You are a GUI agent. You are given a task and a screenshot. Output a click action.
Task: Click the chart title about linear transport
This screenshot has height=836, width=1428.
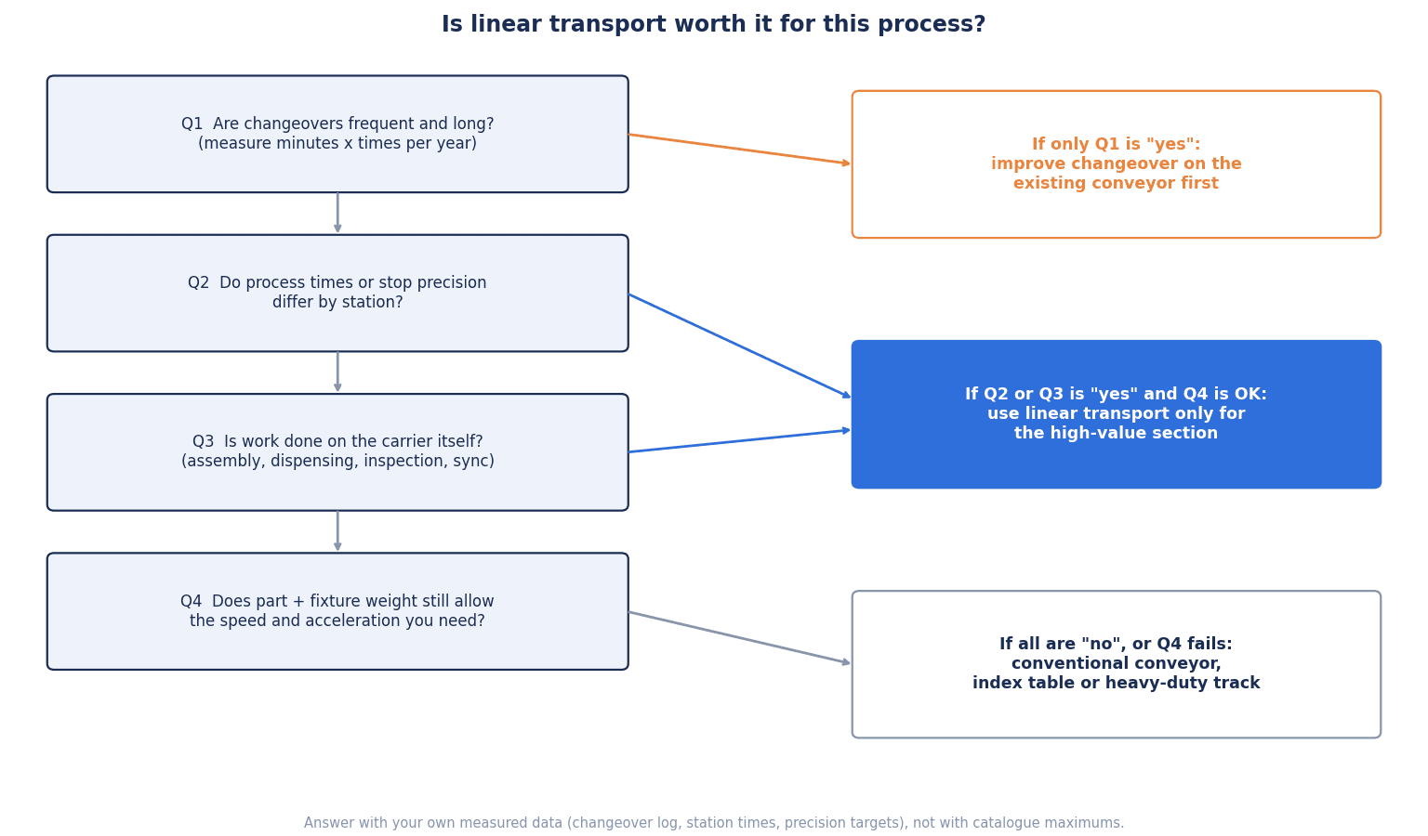713,24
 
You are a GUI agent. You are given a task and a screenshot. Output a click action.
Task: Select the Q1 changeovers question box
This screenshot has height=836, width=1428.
337,134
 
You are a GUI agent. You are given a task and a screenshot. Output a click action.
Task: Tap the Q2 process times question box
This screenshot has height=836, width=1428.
337,294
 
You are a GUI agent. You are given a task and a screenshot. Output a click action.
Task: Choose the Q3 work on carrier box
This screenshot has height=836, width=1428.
337,451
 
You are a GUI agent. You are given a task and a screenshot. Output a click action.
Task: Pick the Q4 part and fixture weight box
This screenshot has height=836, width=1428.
337,611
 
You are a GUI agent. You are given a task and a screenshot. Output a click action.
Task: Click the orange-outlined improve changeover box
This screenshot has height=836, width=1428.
1117,164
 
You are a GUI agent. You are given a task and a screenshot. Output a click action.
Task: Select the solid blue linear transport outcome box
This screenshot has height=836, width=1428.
1117,414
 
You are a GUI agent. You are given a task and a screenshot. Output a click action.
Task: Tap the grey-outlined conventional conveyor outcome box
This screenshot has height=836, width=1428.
1117,664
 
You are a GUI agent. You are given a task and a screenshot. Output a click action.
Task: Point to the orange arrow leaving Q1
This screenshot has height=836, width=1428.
739,150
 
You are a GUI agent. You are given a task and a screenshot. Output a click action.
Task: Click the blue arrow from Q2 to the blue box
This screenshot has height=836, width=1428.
739,346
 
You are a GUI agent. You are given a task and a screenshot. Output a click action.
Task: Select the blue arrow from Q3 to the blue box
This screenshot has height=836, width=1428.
739,441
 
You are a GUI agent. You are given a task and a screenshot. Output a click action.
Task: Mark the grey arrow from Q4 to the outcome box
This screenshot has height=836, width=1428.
739,637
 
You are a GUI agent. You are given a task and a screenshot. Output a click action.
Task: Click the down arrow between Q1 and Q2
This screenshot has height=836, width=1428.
337,213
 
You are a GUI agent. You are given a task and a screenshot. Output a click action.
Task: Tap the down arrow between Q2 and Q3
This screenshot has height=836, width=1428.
337,372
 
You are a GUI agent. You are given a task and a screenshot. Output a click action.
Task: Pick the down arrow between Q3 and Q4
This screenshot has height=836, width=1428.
337,531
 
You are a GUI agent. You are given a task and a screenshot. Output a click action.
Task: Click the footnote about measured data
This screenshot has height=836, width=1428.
714,823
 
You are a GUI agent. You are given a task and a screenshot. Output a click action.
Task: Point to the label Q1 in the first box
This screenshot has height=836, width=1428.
192,124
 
